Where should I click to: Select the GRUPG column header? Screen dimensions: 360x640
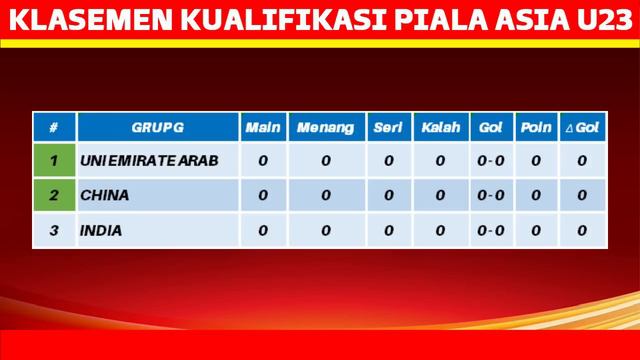tap(157, 129)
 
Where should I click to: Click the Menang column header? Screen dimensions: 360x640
tap(325, 129)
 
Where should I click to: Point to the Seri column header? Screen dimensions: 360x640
tap(387, 129)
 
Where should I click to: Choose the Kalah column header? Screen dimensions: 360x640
tap(440, 129)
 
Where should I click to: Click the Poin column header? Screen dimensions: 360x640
tap(535, 129)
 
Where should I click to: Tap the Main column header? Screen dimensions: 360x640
tap(262, 129)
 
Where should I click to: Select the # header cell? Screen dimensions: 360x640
tap(54, 129)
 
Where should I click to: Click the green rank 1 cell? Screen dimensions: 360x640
tap(54, 160)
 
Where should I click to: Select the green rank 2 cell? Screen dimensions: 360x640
tap(54, 195)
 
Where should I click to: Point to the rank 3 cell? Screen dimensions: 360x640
tap(54, 230)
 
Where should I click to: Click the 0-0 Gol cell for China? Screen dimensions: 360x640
tap(490, 195)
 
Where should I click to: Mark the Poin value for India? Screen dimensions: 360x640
tap(535, 230)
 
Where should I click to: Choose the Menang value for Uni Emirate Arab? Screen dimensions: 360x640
tap(325, 160)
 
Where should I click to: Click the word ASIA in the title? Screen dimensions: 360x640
tap(518, 18)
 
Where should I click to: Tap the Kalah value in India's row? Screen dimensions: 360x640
tap(440, 230)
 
